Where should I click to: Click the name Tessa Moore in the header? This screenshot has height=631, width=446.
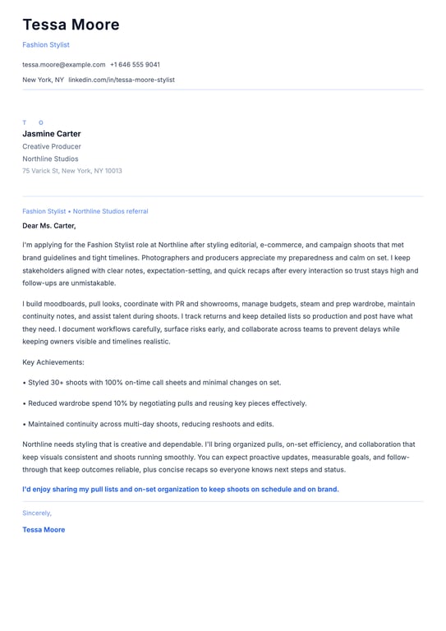71,25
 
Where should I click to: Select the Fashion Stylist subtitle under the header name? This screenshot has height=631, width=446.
46,44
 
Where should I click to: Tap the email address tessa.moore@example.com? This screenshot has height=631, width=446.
64,64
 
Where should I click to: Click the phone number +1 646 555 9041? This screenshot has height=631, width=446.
135,64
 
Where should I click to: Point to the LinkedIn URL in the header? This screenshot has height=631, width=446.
122,80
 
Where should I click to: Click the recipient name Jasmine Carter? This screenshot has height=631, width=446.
52,134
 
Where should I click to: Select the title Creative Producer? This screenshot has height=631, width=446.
52,146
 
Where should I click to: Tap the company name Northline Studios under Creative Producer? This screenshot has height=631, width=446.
50,159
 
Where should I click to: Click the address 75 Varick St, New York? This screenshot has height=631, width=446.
72,171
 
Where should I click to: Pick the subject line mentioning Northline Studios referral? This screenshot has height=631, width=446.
85,211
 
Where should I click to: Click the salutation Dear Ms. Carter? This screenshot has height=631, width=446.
49,225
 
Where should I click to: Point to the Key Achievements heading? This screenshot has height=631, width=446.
53,362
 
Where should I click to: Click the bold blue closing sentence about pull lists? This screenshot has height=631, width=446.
181,489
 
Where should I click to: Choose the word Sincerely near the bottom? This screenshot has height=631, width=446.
37,513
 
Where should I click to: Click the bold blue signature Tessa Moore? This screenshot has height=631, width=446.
44,530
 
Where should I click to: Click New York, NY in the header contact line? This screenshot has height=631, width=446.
43,80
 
